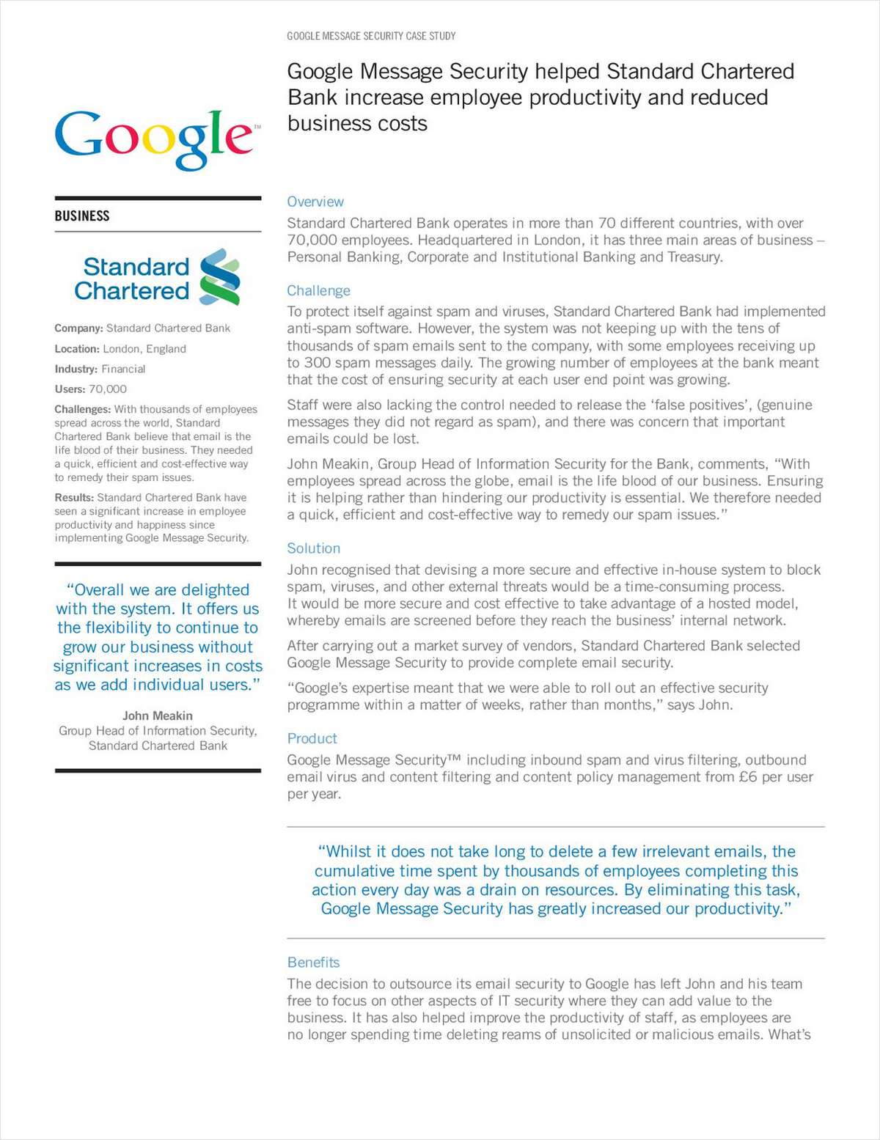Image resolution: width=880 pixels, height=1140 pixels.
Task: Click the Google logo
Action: click(x=154, y=139)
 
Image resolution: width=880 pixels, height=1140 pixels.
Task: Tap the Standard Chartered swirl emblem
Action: click(x=219, y=277)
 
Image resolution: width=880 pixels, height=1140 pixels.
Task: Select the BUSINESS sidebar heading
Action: click(x=82, y=216)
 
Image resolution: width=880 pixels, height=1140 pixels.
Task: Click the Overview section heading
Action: click(x=315, y=202)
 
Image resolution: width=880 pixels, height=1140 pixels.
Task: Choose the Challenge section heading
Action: click(x=318, y=290)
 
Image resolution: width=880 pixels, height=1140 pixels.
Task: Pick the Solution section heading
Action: click(x=313, y=548)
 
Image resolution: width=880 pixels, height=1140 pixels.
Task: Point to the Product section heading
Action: click(x=312, y=738)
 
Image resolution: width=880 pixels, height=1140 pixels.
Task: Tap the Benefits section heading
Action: click(x=313, y=963)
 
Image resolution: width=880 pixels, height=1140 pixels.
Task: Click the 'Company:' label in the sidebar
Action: click(x=78, y=328)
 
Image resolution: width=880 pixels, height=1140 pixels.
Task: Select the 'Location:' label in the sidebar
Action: click(x=77, y=349)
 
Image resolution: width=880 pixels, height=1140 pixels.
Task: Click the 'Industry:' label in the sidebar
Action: click(x=76, y=369)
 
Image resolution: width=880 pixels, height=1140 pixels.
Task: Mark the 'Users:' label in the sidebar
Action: click(x=70, y=389)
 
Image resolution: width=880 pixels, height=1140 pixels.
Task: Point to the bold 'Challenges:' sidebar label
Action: click(x=82, y=409)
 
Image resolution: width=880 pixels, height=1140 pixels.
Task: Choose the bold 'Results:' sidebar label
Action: click(x=74, y=498)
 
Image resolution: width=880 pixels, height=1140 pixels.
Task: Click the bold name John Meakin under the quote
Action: click(x=158, y=716)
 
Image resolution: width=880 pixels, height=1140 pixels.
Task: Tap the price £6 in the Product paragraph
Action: click(x=747, y=777)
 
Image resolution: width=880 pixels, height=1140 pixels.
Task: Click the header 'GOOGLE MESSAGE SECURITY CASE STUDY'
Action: click(x=371, y=36)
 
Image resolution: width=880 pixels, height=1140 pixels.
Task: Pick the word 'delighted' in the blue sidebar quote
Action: click(x=215, y=590)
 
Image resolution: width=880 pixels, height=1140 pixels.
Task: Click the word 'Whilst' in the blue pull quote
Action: click(x=349, y=852)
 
